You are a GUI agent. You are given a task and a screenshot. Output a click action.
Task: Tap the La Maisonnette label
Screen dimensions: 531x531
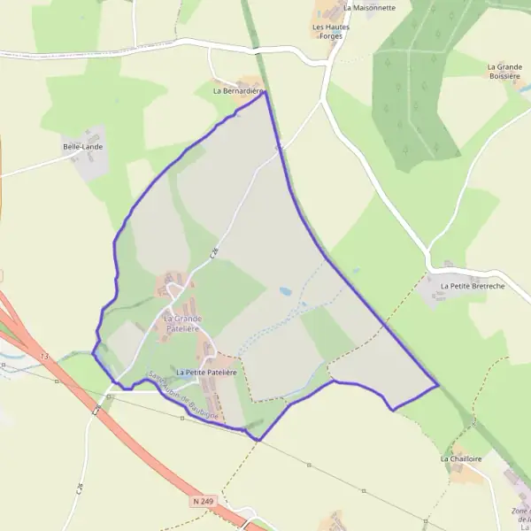(369, 7)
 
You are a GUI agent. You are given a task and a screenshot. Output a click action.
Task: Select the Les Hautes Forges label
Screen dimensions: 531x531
(331, 32)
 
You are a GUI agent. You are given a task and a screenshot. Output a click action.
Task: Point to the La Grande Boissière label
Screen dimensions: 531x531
(504, 72)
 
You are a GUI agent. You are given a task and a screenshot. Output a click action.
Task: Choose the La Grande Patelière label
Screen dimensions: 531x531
(182, 323)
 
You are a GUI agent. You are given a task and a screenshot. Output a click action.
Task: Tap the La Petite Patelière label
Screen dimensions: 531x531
(206, 373)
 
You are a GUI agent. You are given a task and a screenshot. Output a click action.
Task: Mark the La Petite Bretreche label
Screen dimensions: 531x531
(472, 287)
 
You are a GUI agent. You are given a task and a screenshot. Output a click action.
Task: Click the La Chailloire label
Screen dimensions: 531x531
(460, 459)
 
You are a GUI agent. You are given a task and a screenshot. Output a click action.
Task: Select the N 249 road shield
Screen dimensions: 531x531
(203, 502)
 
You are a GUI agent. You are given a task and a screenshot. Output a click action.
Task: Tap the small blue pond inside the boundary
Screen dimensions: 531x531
(286, 290)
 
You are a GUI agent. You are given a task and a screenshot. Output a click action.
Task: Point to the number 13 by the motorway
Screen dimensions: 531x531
(43, 355)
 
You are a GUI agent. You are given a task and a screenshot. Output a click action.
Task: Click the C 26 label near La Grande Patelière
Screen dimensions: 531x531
(214, 253)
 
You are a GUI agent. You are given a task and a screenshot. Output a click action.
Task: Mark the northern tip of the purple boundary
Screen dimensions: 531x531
(265, 92)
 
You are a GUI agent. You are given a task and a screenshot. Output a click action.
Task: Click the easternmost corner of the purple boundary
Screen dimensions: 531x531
(438, 386)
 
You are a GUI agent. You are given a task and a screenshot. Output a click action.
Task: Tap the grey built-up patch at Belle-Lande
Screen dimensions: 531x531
(91, 165)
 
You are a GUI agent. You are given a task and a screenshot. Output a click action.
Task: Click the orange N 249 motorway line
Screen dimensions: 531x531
(142, 442)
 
